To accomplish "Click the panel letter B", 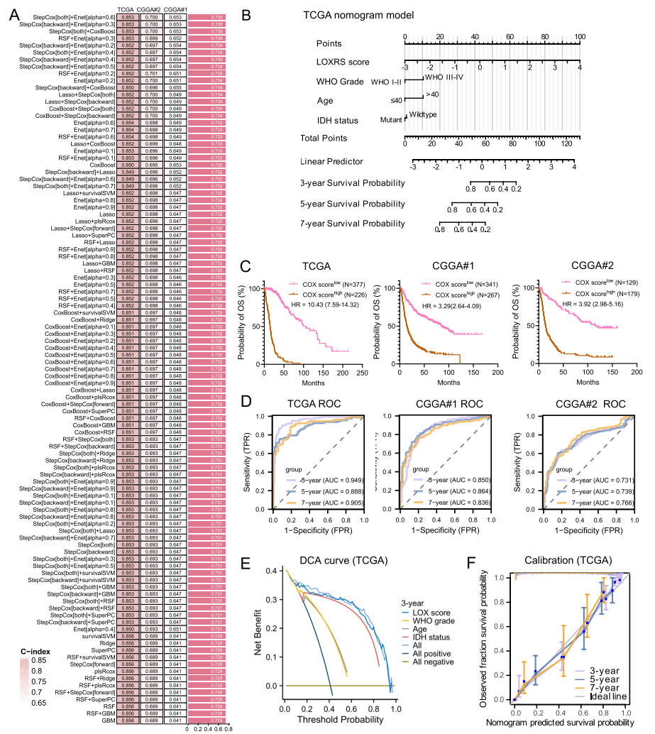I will pos(245,14).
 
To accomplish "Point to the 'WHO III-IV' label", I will pos(444,77).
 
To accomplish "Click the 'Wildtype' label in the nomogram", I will pos(422,116).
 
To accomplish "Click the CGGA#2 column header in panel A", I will pos(151,9).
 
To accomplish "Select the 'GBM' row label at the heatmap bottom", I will pos(109,720).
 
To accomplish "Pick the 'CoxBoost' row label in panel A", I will pos(103,165).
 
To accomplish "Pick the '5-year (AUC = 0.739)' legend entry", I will pos(593,491).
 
